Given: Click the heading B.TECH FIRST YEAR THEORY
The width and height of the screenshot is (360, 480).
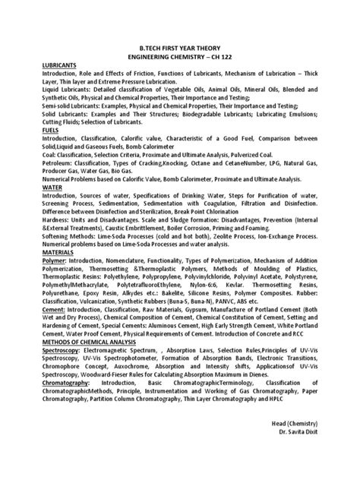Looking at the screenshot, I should click(x=180, y=47).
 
